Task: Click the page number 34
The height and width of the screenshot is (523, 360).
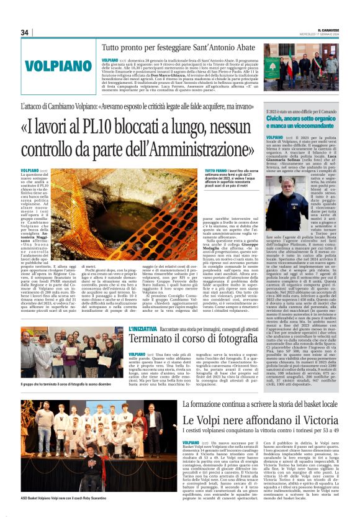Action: (x=25, y=32)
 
